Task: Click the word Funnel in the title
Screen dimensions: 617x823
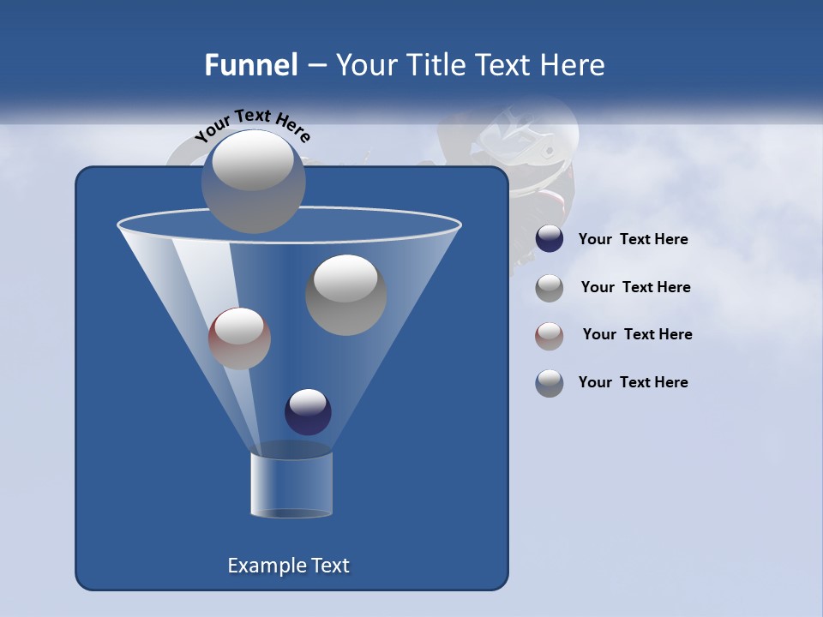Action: click(251, 65)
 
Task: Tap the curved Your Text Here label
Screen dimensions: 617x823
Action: click(252, 125)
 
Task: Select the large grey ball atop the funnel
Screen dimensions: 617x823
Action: click(253, 181)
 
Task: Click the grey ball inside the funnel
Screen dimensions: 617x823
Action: click(345, 294)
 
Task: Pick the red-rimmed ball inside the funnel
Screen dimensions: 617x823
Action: click(239, 338)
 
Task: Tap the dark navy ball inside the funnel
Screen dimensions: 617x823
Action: click(308, 411)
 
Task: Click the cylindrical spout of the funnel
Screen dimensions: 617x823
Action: click(291, 485)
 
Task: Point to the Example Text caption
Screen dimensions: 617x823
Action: click(289, 566)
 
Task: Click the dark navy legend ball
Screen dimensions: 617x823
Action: click(550, 239)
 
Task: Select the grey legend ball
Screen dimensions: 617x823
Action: click(550, 287)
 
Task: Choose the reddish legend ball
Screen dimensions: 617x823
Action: click(550, 335)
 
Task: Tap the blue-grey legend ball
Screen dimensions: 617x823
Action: click(550, 382)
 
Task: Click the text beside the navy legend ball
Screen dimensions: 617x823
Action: click(633, 239)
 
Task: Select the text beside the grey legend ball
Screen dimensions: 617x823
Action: click(635, 287)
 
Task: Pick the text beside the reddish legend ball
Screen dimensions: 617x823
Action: click(637, 334)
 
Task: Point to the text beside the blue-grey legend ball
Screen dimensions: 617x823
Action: click(633, 382)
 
